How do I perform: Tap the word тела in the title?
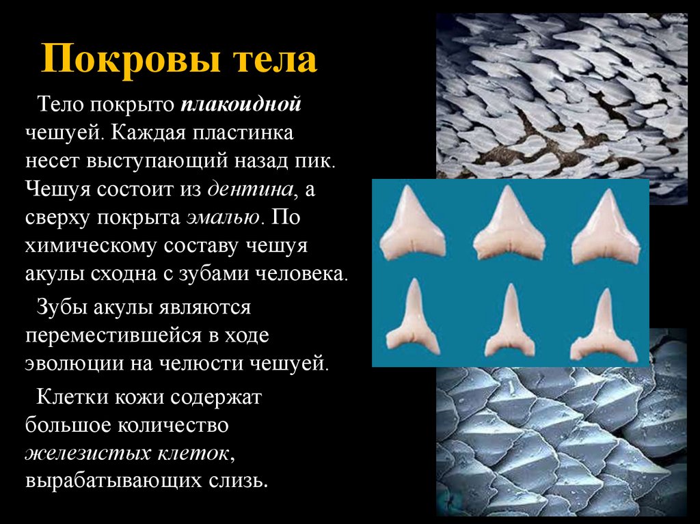(276, 61)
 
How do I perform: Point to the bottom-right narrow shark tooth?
(604, 327)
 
